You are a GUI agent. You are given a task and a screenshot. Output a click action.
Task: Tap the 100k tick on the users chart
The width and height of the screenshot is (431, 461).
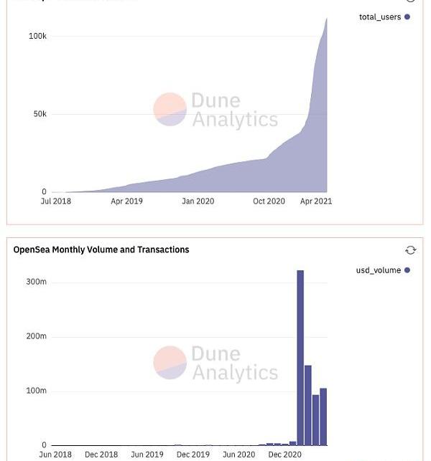pos(37,36)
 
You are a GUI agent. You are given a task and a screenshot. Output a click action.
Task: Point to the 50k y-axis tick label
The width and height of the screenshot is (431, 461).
pos(40,114)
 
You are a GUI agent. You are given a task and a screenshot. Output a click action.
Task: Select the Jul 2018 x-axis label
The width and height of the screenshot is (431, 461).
pos(56,201)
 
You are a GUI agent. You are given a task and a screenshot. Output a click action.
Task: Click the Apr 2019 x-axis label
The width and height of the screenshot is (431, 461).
pos(126,201)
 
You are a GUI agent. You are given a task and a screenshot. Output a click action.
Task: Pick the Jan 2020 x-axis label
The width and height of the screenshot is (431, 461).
pos(198,201)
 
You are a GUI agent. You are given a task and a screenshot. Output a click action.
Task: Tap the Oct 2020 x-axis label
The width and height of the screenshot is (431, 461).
pos(269,201)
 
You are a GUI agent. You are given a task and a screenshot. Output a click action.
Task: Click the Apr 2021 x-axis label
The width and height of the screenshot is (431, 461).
pos(316,201)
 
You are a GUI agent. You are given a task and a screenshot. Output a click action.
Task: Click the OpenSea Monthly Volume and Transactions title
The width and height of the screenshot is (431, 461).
pos(101,249)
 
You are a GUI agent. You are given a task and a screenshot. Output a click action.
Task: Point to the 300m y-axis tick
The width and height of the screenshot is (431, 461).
pos(36,282)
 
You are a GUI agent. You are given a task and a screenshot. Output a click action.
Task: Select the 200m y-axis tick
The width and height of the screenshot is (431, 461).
pos(36,336)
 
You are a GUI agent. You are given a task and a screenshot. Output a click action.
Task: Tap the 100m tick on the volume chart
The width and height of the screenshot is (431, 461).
pos(36,391)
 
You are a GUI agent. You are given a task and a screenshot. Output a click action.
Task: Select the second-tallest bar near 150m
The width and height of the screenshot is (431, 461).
pos(308,405)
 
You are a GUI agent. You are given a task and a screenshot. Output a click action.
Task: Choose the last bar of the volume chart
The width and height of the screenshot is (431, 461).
pos(323,417)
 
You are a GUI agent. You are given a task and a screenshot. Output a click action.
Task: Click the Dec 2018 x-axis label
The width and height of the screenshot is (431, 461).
pos(101,455)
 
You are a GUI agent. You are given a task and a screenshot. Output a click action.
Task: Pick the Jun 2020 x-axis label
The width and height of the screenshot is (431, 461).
pos(238,455)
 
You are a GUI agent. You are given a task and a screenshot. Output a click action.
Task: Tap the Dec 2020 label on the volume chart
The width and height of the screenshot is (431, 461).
pos(284,455)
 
